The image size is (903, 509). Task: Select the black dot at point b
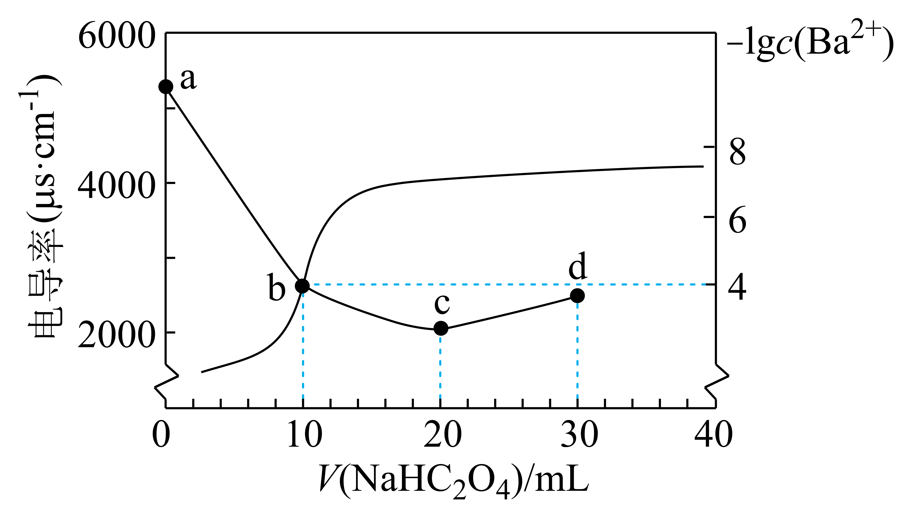click(x=302, y=286)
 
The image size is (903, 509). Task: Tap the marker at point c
click(x=441, y=328)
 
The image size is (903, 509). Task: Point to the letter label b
click(x=276, y=288)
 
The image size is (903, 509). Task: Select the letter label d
click(x=577, y=266)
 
